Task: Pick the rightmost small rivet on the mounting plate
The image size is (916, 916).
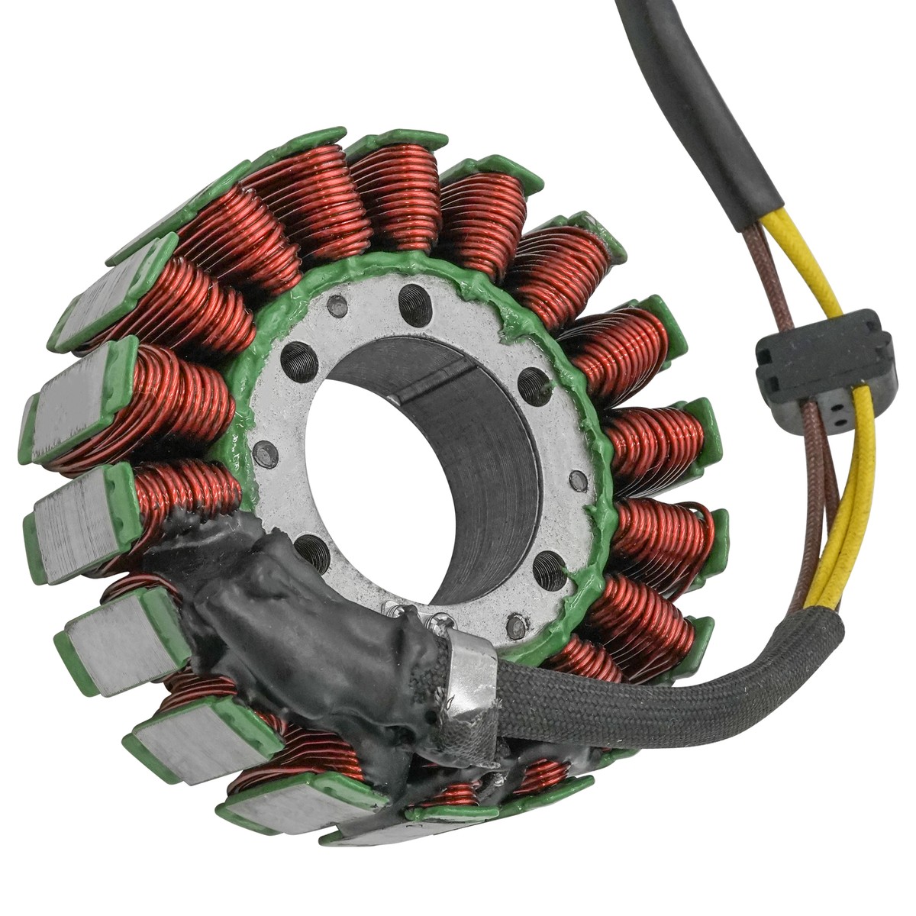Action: [x=579, y=482]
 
